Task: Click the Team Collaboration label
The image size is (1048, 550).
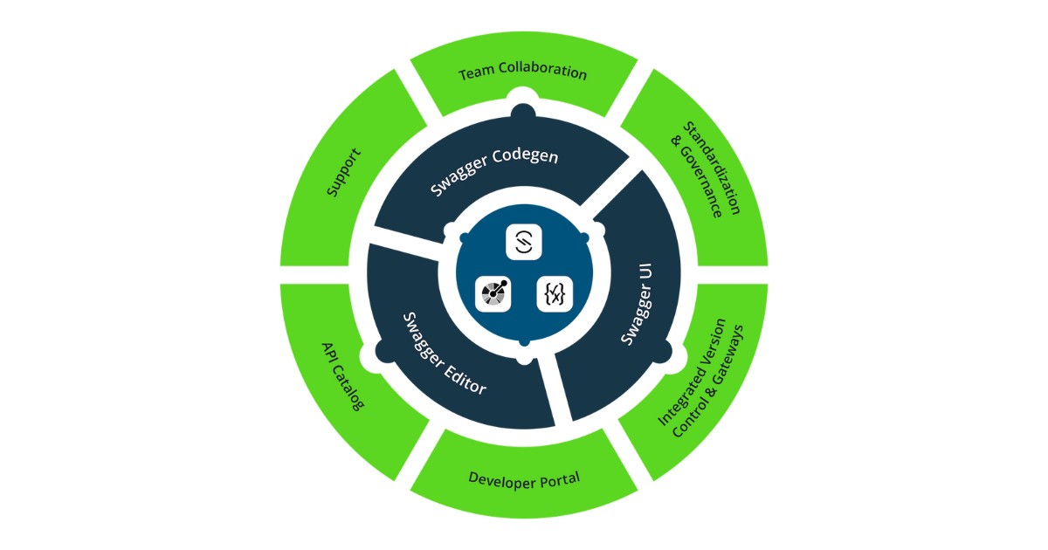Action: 523,72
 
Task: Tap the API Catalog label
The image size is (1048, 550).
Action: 342,376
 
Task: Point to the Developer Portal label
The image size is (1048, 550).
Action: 524,478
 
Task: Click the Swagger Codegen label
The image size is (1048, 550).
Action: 494,172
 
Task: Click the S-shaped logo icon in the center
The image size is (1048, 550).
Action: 524,242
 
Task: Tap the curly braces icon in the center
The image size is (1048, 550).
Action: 554,293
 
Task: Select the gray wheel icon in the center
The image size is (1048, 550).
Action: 493,293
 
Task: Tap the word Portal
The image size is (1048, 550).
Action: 559,479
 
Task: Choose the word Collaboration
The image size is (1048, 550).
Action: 542,72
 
